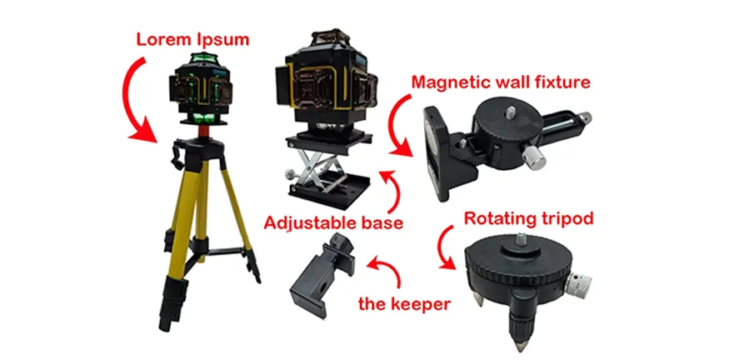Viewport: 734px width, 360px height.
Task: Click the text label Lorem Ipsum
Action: click(192, 39)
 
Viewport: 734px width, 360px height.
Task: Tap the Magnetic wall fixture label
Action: click(501, 82)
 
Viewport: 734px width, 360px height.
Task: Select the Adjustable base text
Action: click(333, 222)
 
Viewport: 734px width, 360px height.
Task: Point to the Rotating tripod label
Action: click(528, 218)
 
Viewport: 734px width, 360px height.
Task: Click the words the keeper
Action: click(404, 304)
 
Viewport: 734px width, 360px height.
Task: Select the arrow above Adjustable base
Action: click(392, 191)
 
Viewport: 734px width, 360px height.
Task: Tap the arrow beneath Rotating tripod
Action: click(445, 247)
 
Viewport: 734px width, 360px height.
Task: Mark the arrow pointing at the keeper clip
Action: click(388, 271)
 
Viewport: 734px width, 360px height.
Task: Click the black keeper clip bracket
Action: click(322, 275)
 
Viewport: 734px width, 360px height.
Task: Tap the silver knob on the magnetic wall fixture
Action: click(535, 158)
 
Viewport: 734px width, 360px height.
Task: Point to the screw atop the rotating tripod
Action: click(520, 240)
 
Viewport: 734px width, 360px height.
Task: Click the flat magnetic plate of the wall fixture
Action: click(435, 152)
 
